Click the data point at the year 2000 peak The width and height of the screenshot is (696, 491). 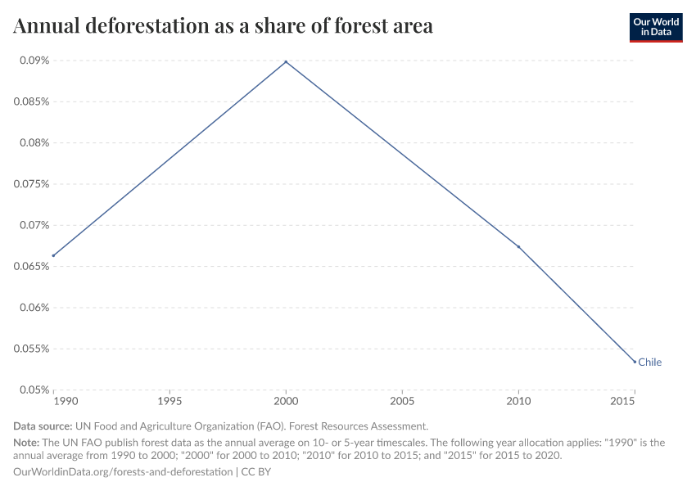[286, 61]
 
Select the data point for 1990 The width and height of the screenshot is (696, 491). [53, 255]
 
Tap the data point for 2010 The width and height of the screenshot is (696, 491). [518, 246]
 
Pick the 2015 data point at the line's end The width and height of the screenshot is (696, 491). [635, 362]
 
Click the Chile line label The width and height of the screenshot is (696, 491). [649, 362]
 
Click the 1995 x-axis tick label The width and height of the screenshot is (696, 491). [169, 403]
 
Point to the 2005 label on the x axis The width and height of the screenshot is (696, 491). [402, 403]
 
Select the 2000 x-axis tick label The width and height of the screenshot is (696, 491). [286, 403]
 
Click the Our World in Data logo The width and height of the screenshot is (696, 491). [655, 27]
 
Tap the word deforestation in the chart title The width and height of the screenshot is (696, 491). [156, 26]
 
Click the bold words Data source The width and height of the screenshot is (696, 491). [43, 426]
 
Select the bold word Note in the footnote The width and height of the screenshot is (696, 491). [26, 442]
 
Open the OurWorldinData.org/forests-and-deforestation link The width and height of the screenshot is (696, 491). [123, 472]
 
